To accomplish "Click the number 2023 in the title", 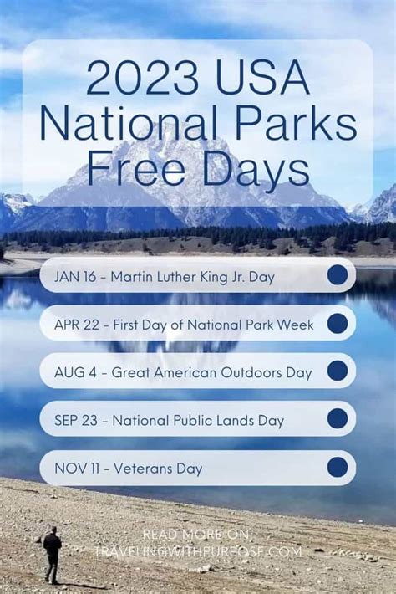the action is point(142,79).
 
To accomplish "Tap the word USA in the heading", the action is point(263,79).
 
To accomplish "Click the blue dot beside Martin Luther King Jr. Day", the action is point(338,274).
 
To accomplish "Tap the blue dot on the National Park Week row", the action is point(338,323).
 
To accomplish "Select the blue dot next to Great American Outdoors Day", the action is point(338,371).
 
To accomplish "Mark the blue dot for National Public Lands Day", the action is point(338,418).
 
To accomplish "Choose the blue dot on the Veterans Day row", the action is point(338,467).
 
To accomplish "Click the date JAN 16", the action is point(75,277).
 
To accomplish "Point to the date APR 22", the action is point(77,325).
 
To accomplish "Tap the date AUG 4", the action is point(75,373).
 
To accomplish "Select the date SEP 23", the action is point(76,421).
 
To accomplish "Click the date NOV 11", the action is point(77,469).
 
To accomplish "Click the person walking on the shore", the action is point(52,554).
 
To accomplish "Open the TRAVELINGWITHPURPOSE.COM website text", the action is point(197,551).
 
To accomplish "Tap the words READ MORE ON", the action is point(195,534).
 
